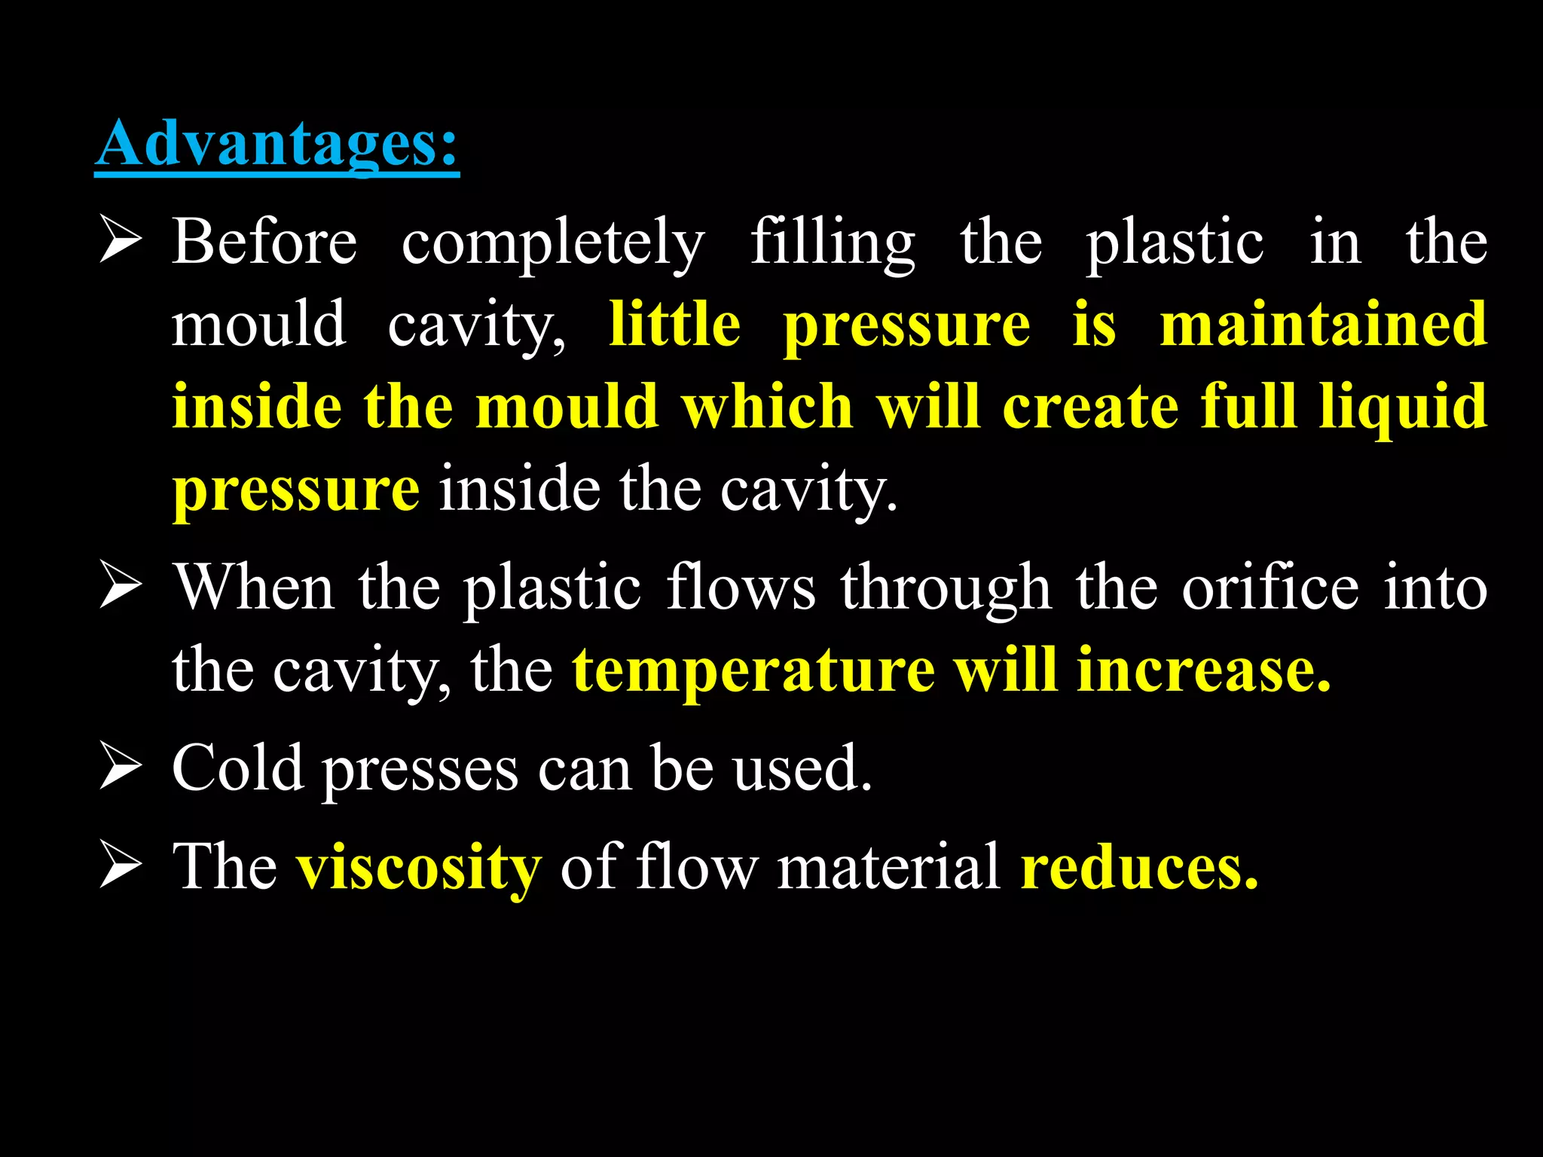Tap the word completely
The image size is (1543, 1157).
(553, 244)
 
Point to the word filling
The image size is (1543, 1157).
(833, 244)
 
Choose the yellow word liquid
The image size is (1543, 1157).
(1403, 408)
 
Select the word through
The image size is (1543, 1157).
(946, 589)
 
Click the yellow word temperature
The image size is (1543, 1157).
(753, 670)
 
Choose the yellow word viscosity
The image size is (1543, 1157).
(419, 868)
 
